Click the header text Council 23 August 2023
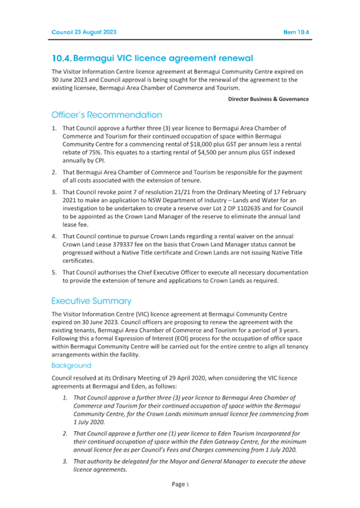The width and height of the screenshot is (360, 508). click(84, 32)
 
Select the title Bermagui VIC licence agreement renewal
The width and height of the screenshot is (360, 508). click(152, 58)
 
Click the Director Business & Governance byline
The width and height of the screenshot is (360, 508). click(268, 99)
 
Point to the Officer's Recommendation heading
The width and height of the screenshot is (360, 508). click(107, 115)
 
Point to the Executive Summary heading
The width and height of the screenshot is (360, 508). click(91, 301)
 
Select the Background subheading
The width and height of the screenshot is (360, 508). click(71, 366)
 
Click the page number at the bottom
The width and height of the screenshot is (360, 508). click(180, 484)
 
